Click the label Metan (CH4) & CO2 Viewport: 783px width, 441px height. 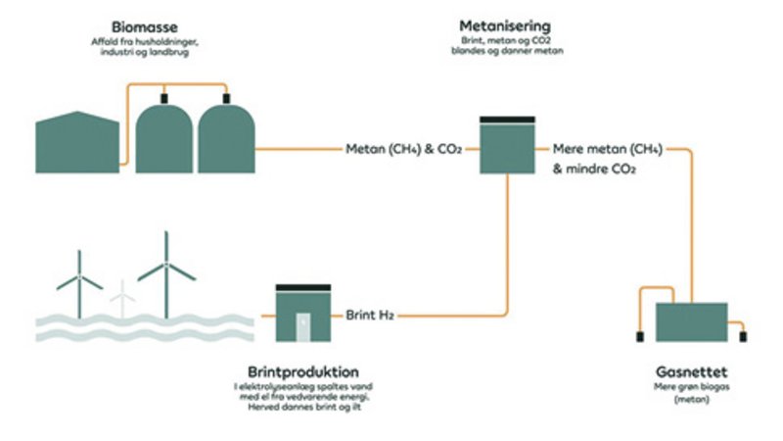click(x=404, y=150)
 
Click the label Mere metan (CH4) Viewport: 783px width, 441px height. click(x=608, y=150)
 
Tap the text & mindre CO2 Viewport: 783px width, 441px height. click(x=594, y=169)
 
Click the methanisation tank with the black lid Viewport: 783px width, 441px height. click(x=507, y=147)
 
